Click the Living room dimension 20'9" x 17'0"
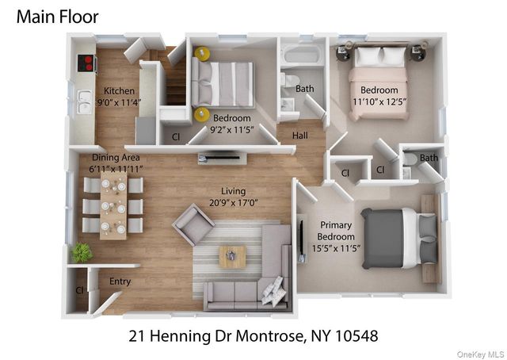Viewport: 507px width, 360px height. pos(234,202)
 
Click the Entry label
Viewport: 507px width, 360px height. pos(120,281)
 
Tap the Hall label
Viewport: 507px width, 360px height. pos(299,136)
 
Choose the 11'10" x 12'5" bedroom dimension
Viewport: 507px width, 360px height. pos(379,101)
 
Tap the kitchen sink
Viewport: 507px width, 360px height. pos(83,101)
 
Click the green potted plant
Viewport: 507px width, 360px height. pos(81,253)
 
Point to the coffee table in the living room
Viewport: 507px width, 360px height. pos(232,256)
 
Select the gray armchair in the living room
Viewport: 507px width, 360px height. pos(193,224)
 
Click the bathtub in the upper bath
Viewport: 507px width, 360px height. pos(301,56)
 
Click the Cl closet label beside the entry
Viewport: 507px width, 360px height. pos(79,290)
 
